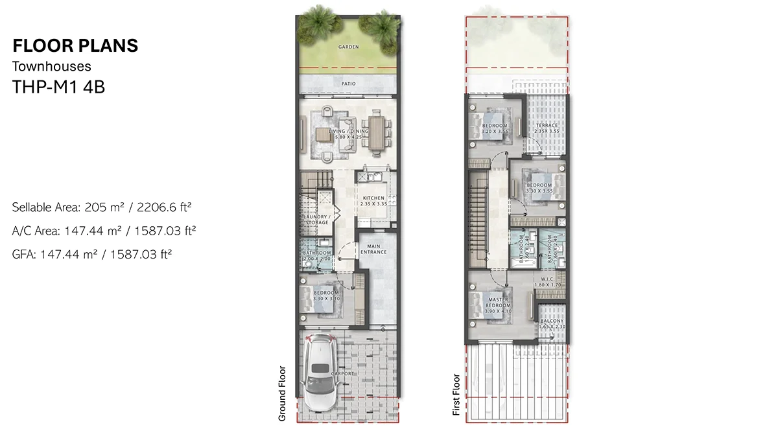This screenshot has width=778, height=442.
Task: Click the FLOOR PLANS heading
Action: (x=75, y=45)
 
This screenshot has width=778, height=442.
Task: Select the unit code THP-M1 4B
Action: (x=58, y=87)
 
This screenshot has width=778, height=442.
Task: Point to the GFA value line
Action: (x=91, y=255)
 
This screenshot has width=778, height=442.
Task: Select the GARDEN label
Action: (x=348, y=47)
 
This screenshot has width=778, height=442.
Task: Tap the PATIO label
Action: (x=349, y=84)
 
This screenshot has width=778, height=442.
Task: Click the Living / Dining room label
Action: (x=348, y=134)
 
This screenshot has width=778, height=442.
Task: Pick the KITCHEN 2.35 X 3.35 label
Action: (x=373, y=201)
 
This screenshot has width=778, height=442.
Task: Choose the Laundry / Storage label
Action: (x=317, y=219)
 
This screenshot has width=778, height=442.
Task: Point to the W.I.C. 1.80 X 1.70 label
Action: (x=547, y=282)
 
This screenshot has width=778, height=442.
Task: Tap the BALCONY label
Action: (x=551, y=323)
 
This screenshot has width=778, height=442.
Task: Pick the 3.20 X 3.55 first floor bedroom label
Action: (x=494, y=128)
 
